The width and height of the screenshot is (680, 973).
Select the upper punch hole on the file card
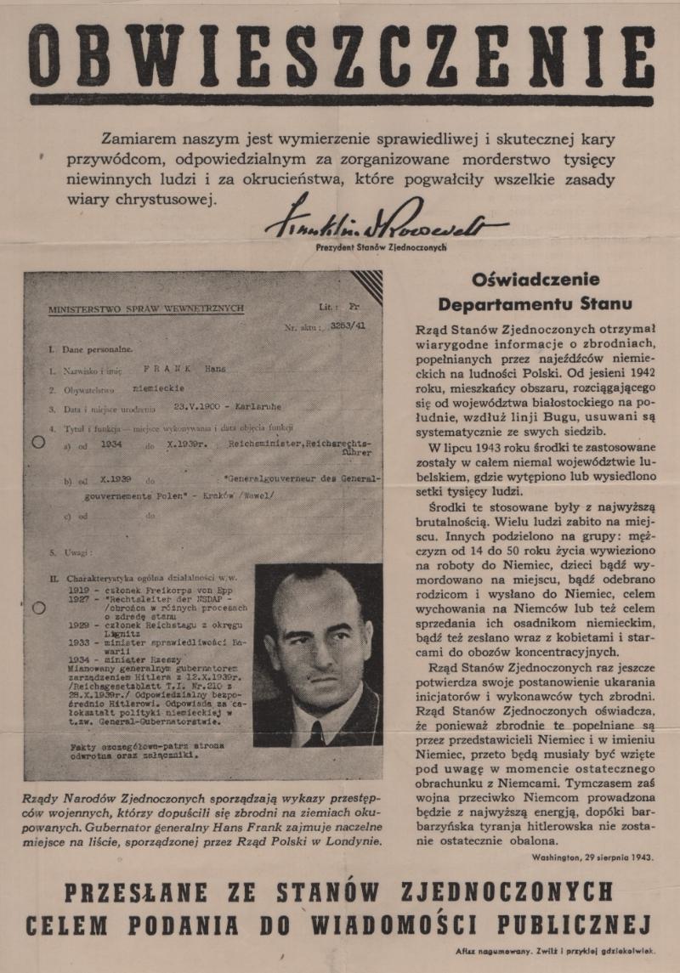[37, 443]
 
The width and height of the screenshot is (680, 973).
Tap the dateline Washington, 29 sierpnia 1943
[593, 857]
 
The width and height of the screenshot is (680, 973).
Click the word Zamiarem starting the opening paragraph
[138, 139]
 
